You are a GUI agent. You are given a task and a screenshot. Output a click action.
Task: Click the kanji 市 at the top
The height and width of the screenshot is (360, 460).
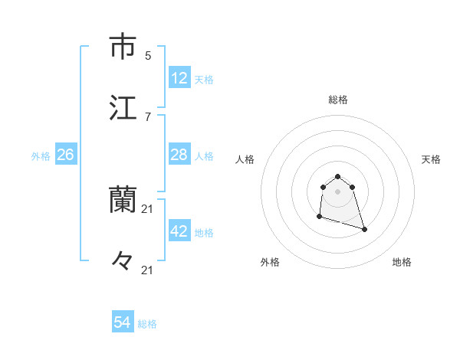pyautogui.click(x=123, y=47)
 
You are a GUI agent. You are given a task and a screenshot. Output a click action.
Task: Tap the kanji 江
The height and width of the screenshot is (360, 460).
pyautogui.click(x=123, y=108)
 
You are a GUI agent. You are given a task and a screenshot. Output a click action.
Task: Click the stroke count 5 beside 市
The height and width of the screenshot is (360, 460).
pyautogui.click(x=148, y=55)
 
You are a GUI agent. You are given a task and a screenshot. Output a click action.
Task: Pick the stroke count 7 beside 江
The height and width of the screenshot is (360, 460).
pyautogui.click(x=148, y=116)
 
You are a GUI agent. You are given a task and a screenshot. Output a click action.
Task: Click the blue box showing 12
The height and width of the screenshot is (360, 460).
pyautogui.click(x=179, y=78)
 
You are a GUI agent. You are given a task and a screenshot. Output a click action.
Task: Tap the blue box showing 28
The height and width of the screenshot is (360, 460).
pyautogui.click(x=179, y=155)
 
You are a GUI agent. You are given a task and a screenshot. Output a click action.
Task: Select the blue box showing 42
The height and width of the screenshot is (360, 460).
pyautogui.click(x=179, y=231)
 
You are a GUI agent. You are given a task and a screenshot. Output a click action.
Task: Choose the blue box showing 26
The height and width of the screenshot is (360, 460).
pyautogui.click(x=65, y=155)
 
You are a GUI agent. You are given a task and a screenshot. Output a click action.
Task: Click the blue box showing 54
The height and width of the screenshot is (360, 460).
pyautogui.click(x=123, y=323)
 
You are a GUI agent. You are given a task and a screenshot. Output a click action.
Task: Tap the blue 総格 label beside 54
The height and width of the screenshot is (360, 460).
pyautogui.click(x=147, y=324)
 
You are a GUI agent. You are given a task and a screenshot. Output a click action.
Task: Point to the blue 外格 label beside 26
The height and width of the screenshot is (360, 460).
pyautogui.click(x=41, y=155)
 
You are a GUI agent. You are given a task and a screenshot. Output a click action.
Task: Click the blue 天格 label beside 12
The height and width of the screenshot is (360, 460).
pyautogui.click(x=204, y=79)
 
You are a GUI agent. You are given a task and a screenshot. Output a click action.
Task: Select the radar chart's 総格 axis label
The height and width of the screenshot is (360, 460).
pyautogui.click(x=338, y=100)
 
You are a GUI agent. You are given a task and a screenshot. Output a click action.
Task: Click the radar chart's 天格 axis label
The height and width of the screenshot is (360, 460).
pyautogui.click(x=431, y=159)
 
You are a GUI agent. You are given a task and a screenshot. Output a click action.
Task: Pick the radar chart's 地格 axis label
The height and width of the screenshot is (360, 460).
pyautogui.click(x=402, y=262)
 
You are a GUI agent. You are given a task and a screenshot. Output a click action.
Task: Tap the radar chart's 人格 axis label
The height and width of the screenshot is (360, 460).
pyautogui.click(x=245, y=159)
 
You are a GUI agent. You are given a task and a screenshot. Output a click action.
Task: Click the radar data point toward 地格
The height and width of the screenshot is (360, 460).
pyautogui.click(x=364, y=229)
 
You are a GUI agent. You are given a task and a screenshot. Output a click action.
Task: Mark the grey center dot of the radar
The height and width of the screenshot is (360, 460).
pyautogui.click(x=338, y=191)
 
